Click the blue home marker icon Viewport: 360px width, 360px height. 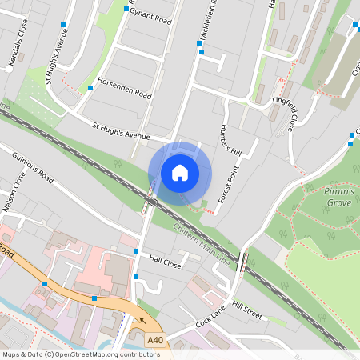[x=180, y=172]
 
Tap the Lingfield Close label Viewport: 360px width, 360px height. [x=283, y=112]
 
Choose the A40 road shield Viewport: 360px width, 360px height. [x=155, y=341]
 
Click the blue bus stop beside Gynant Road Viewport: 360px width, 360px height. [x=126, y=9]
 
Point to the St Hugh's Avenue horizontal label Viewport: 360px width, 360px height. [x=121, y=132]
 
